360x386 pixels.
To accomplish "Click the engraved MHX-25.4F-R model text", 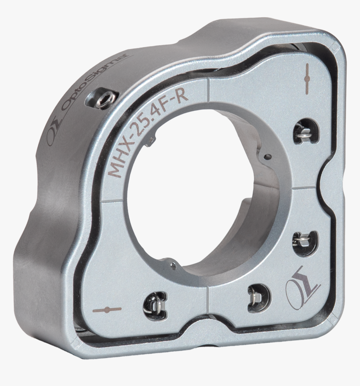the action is (148, 133).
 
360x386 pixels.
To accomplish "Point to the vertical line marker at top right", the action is (307, 79).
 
